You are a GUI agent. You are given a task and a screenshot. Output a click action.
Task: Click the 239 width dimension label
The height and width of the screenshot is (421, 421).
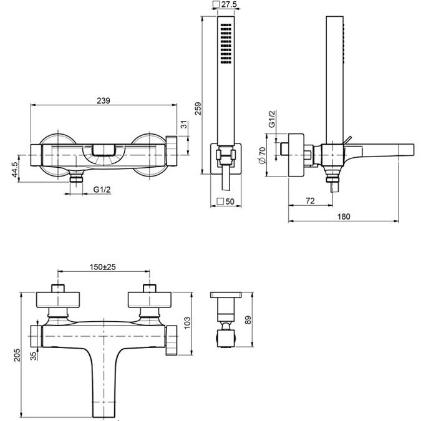(104, 100)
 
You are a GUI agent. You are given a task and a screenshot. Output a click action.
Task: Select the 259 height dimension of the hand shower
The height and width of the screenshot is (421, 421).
(198, 109)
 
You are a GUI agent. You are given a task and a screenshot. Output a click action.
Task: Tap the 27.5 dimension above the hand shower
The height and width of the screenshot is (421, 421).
(229, 4)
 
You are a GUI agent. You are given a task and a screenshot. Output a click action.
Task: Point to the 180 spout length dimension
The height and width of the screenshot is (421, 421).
(344, 216)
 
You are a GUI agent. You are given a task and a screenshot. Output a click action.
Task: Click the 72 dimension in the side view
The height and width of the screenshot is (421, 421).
(310, 201)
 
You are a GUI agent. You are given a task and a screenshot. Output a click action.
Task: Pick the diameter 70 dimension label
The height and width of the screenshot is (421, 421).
(263, 151)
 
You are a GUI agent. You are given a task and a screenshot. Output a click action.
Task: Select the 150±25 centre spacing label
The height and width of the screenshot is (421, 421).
(103, 267)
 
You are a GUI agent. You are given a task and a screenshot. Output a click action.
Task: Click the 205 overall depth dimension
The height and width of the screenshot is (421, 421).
(17, 355)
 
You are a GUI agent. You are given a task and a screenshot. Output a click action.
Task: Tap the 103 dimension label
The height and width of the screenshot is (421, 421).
(187, 322)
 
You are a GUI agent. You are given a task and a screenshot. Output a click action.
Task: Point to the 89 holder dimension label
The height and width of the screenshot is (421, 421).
(248, 320)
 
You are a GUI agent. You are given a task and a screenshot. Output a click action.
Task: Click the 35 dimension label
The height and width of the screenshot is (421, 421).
(34, 356)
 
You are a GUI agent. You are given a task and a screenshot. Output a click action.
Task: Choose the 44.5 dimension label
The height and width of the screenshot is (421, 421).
(15, 170)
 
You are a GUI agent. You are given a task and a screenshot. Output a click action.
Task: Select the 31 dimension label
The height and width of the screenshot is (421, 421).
(184, 125)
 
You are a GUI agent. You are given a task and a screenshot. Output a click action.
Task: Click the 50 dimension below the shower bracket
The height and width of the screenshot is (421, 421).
(230, 201)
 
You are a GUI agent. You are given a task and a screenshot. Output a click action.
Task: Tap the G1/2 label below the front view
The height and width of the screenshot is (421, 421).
(102, 190)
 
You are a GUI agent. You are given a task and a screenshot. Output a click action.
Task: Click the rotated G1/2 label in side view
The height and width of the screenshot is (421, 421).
(273, 119)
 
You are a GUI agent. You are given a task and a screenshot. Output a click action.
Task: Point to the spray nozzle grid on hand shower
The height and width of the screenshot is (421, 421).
(226, 44)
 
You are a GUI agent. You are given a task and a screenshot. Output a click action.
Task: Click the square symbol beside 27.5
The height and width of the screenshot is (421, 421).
(216, 4)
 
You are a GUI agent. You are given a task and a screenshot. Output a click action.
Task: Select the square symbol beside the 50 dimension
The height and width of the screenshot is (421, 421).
(220, 201)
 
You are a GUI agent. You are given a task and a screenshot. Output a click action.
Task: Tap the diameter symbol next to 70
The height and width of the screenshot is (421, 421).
(262, 160)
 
